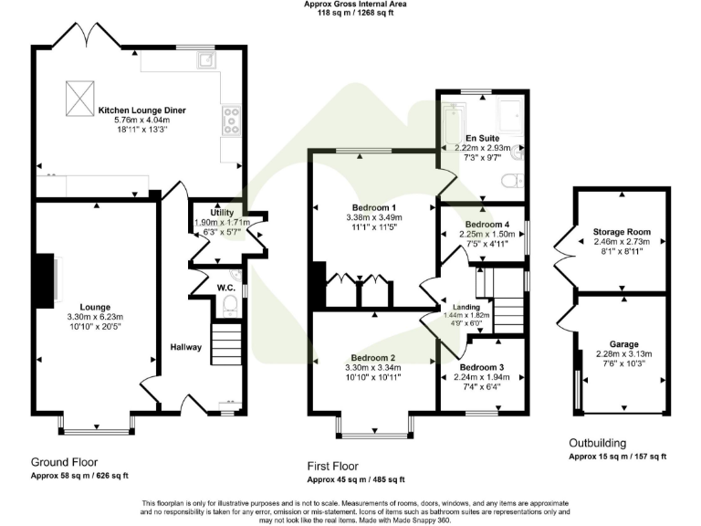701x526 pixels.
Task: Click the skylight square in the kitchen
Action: pos(79,93)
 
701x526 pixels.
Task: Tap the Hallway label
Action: pos(185,347)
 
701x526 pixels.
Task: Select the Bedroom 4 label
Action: pos(486,224)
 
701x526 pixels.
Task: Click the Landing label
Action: pos(466,306)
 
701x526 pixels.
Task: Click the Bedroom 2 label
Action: pos(371,357)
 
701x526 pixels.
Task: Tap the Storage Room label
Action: pos(621,233)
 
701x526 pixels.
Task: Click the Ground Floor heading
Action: pos(64,462)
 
